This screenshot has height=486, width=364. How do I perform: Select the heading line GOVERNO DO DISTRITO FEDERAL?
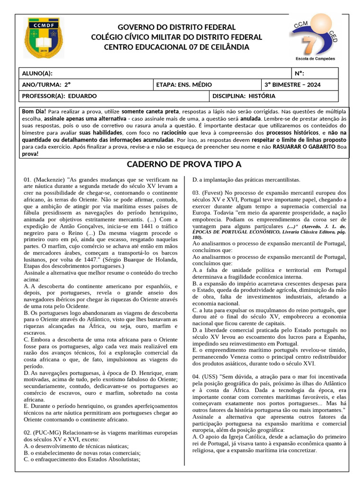tap(176, 27)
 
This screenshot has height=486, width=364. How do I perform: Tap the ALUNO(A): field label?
tap(37, 73)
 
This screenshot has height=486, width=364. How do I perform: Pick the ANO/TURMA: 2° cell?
tap(46, 84)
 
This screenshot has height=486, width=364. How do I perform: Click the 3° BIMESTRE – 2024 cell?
tap(292, 84)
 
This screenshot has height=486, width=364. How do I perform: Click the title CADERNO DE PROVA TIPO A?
tap(184, 165)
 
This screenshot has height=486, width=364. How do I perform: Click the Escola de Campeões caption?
tap(315, 58)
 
